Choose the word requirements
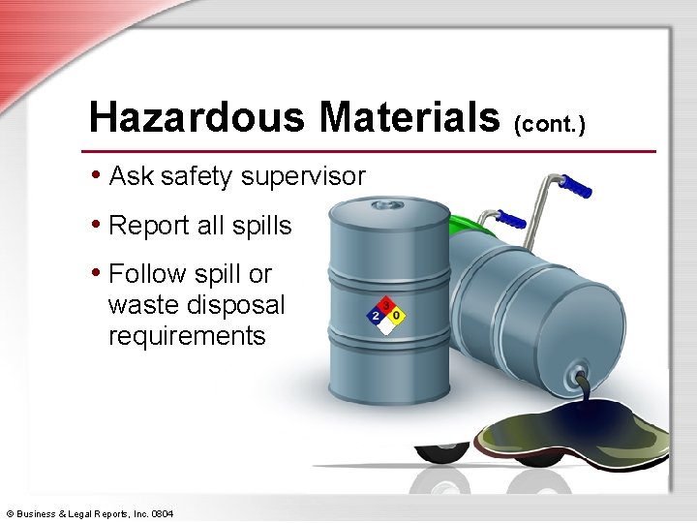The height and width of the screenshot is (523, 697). pyautogui.click(x=186, y=336)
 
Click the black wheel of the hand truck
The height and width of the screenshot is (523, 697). pyautogui.click(x=441, y=453)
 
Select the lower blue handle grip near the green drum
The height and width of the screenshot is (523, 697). pyautogui.click(x=510, y=222)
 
